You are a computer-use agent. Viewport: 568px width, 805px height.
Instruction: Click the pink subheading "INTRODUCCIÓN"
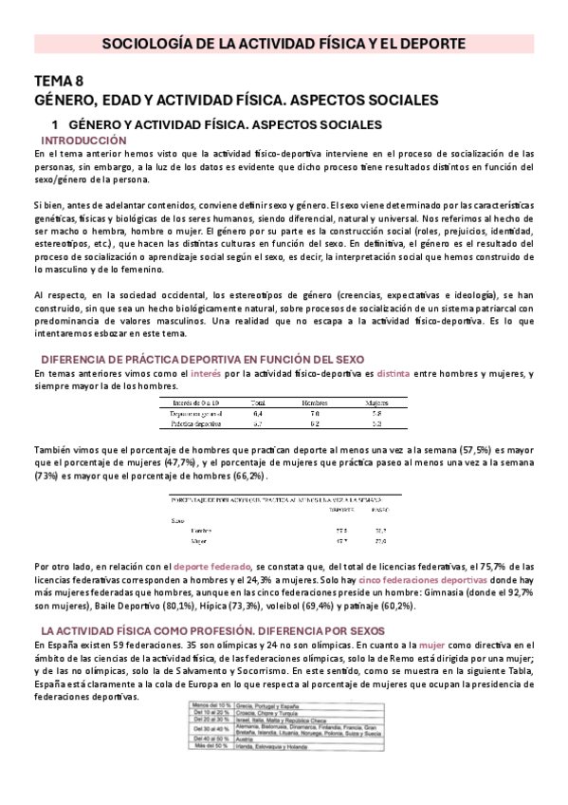click(86, 139)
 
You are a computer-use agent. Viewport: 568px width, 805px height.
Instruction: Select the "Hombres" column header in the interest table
click(314, 377)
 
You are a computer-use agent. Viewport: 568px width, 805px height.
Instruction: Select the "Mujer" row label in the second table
click(199, 542)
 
